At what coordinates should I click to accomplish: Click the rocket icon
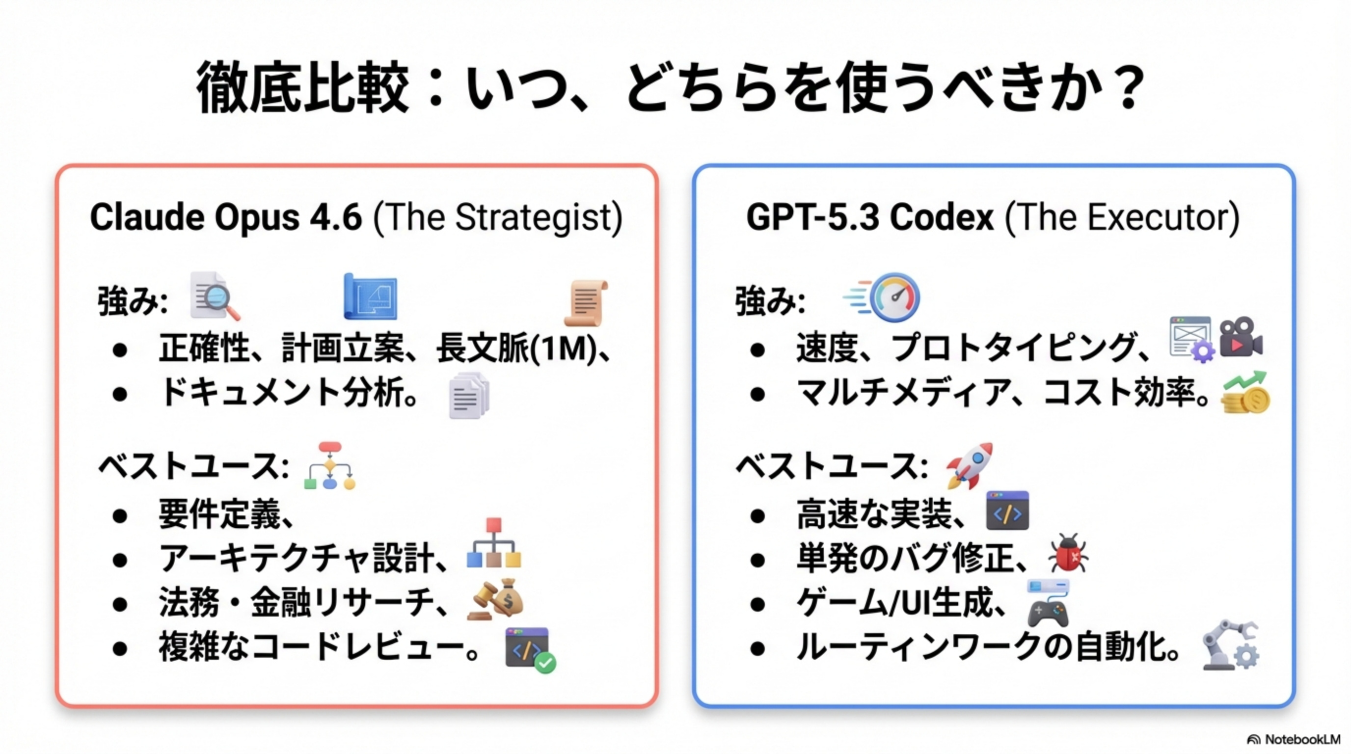pos(969,465)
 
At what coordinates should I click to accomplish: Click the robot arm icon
pos(1230,646)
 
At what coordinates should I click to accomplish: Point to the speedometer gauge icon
pos(882,297)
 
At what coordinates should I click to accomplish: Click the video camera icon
pos(1241,337)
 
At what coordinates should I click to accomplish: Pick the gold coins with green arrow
pos(1244,393)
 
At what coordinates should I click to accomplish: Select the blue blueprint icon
pos(370,296)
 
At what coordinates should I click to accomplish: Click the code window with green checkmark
pos(530,649)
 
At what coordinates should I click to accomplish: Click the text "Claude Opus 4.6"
pos(226,216)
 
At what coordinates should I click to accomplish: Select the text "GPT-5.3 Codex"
pos(869,216)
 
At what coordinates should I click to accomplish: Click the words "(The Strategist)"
pos(498,217)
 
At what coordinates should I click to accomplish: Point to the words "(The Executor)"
pos(1122,217)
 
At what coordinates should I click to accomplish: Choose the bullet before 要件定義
pos(120,515)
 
